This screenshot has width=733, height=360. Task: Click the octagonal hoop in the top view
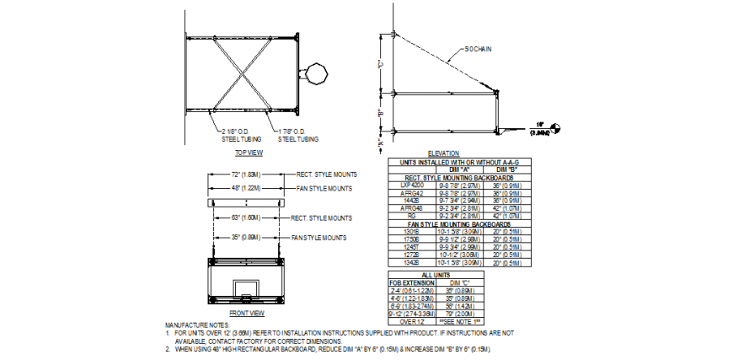tap(318, 73)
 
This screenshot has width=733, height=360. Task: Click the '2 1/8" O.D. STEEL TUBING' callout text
tap(233, 135)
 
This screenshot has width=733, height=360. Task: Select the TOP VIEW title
tap(249, 153)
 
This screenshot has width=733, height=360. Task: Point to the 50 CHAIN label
tap(478, 49)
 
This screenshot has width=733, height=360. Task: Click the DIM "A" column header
tap(460, 169)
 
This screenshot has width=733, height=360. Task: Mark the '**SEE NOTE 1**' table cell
tap(463, 322)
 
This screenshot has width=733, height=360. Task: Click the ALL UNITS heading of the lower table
tap(436, 275)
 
